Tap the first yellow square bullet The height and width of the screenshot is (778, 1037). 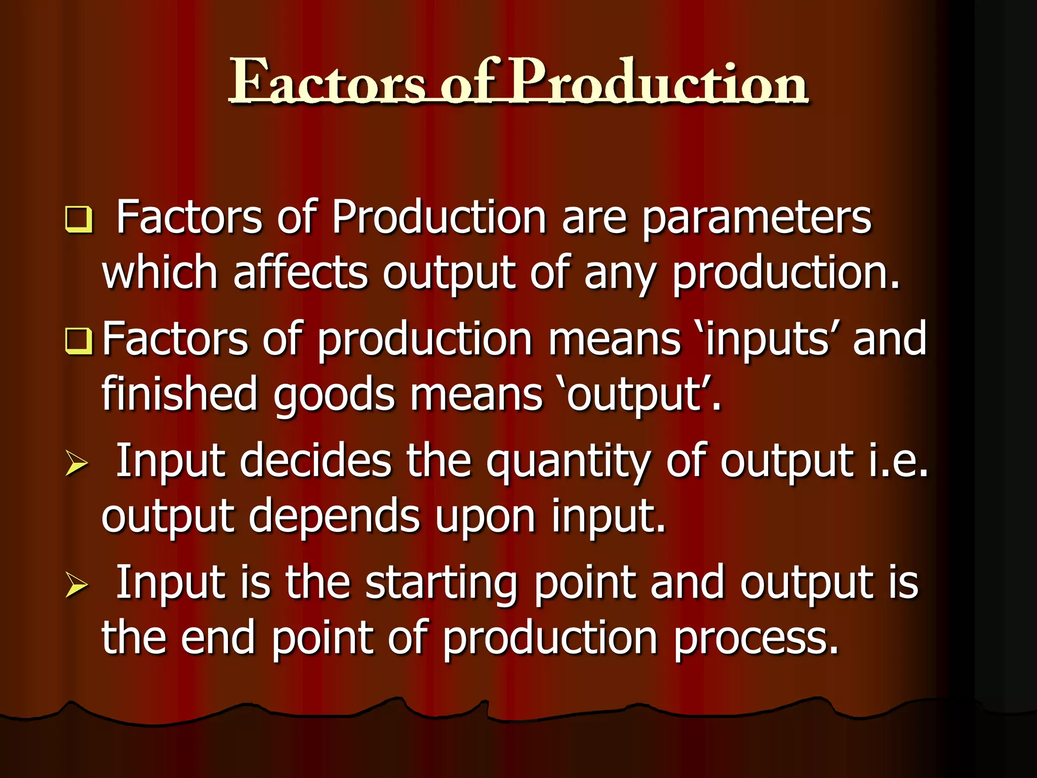(79, 219)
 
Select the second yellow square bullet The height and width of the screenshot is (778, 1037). (79, 340)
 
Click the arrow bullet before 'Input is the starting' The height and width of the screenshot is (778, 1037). (77, 586)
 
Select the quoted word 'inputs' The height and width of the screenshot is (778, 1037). (768, 338)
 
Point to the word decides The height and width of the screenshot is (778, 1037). (315, 461)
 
